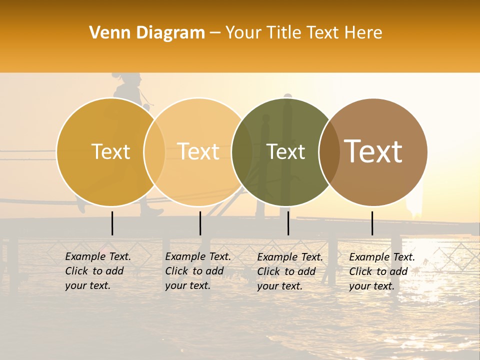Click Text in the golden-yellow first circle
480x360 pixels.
coord(110,151)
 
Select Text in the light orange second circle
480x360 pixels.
coord(198,151)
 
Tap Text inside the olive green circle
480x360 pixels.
coord(285,151)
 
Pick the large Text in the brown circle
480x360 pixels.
coord(373,151)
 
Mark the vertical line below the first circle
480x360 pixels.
coord(112,223)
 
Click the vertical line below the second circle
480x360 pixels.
coord(200,223)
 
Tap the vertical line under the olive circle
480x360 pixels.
coord(288,223)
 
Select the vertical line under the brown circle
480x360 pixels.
coord(372,223)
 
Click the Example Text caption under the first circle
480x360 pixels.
coord(98,271)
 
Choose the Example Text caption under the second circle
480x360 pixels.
coord(198,271)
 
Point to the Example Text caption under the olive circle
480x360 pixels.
coord(290,271)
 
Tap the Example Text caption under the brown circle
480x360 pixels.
coord(382,271)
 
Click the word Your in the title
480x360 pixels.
coord(243,33)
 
